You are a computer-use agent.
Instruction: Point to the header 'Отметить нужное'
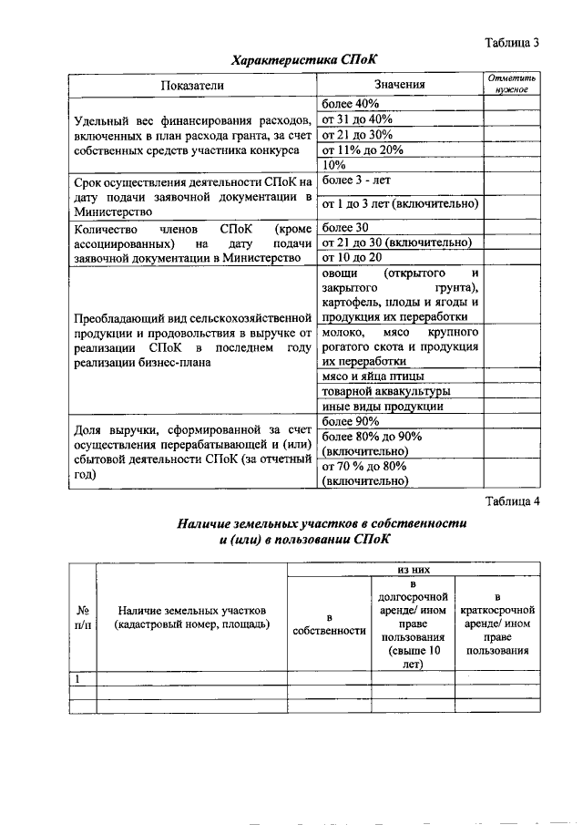click(511, 85)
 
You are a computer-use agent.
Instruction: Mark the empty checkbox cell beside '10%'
click(511, 165)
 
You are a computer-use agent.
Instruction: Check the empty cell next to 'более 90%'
click(511, 421)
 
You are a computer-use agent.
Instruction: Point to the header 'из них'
click(413, 568)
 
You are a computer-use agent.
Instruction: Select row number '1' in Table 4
click(79, 678)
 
